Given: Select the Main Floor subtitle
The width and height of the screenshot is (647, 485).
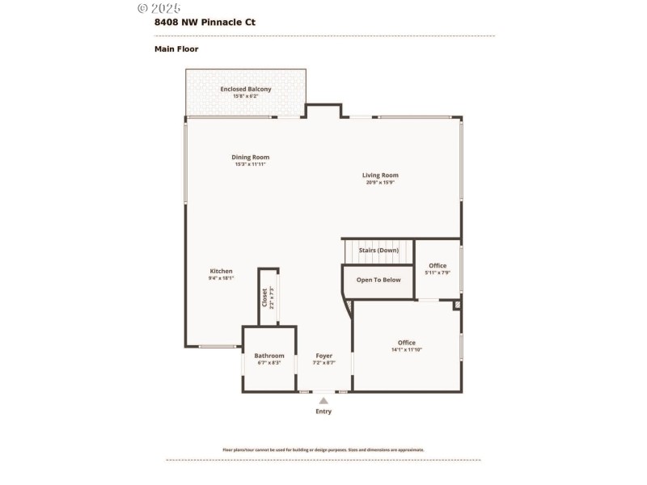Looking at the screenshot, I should [x=176, y=49].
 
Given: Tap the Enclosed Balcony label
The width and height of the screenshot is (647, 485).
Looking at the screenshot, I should [x=246, y=89].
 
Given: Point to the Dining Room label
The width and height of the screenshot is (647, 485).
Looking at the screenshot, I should [x=251, y=157].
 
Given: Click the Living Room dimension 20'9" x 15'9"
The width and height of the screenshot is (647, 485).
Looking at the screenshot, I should [x=380, y=183].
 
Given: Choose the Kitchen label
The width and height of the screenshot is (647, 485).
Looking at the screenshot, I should [x=222, y=271].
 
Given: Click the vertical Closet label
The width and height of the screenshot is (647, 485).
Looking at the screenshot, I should [x=264, y=297].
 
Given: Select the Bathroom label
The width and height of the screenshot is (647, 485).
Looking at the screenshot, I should [x=269, y=356].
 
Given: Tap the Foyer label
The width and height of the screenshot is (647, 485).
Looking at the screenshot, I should [x=323, y=356].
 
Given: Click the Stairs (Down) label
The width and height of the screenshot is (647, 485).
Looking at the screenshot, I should [x=378, y=251].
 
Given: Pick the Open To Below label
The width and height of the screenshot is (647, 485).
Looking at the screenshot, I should [x=378, y=280].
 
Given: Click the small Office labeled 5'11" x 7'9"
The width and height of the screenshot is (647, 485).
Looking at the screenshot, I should [x=438, y=266].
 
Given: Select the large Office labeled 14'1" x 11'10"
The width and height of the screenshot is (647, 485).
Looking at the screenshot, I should [x=406, y=343].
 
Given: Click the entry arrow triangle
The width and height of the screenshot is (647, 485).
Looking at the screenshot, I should [x=323, y=400].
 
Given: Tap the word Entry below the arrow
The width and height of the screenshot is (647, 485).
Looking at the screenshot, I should [x=323, y=411].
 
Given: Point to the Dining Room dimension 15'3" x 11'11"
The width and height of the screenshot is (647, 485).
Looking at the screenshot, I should [x=251, y=164].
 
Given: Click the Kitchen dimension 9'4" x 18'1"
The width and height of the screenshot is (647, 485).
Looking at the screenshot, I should [x=222, y=278].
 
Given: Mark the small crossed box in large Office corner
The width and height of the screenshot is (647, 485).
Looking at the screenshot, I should [x=456, y=306].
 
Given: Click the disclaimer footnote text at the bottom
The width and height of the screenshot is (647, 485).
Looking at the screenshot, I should [x=323, y=450].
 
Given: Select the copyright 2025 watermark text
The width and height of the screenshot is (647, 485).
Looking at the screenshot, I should [x=159, y=8].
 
